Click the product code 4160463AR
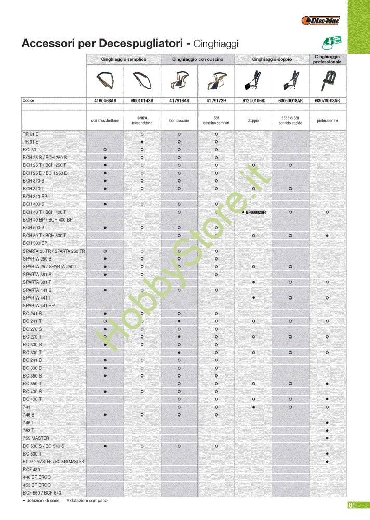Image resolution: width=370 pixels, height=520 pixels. (105, 101)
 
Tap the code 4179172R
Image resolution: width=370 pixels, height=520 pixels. (216, 101)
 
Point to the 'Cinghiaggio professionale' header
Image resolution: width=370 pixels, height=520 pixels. (327, 59)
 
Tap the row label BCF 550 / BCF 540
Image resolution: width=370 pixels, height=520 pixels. (42, 492)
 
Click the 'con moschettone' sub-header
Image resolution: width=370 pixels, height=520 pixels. (105, 121)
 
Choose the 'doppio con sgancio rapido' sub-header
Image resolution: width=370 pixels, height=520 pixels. (290, 121)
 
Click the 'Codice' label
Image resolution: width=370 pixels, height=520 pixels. (29, 101)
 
